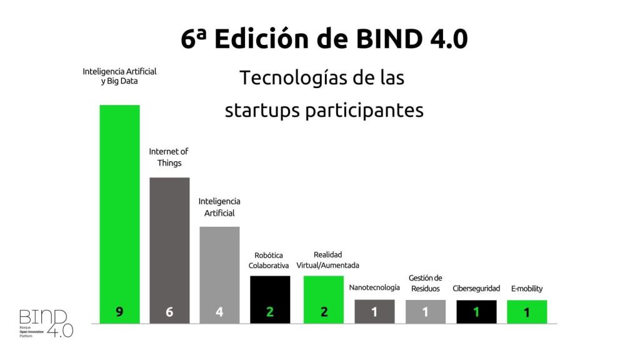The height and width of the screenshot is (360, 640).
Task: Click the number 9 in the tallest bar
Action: point(119,311)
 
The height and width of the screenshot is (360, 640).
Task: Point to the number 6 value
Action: point(169,311)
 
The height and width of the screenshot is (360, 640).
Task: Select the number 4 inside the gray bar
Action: point(219,311)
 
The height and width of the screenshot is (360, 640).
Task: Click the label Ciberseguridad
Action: point(476,289)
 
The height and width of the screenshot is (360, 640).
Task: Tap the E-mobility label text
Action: point(527,289)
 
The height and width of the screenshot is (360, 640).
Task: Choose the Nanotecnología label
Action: point(374,288)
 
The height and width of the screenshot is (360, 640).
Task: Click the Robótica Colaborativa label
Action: point(269,260)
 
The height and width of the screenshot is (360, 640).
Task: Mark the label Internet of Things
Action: point(169,157)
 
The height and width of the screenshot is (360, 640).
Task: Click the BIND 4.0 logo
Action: point(46,322)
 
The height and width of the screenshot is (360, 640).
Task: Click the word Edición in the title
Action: point(264,39)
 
